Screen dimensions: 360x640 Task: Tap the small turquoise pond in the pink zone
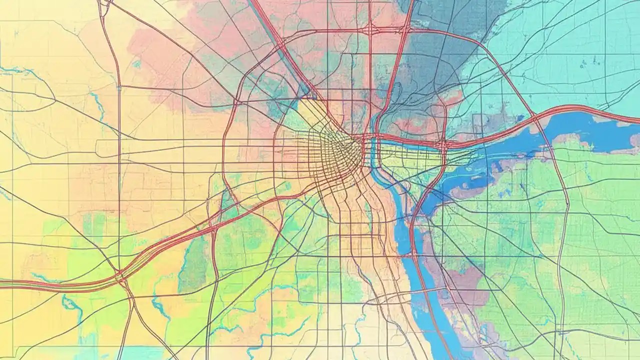pos(136,63)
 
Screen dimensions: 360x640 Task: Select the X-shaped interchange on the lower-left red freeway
pos(120,275)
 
